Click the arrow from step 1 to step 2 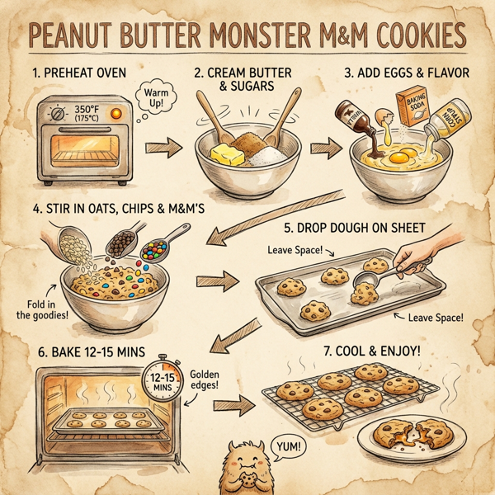pyautogui.click(x=161, y=149)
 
